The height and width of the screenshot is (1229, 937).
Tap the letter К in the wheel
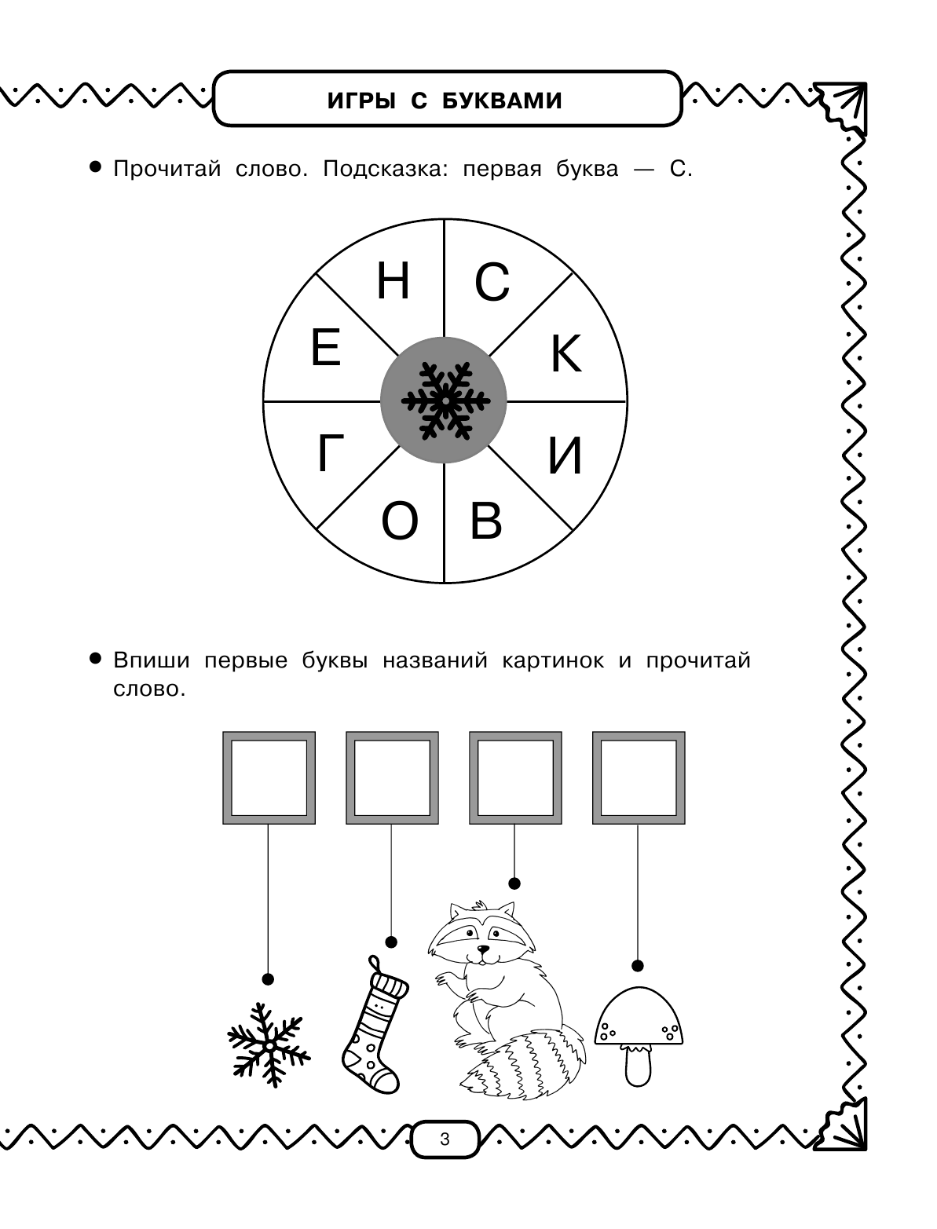click(565, 353)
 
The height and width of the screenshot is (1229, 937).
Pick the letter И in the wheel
click(565, 455)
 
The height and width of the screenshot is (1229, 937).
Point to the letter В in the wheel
click(485, 521)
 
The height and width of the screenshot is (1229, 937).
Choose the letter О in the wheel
click(400, 522)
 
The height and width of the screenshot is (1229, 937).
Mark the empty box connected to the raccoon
click(515, 777)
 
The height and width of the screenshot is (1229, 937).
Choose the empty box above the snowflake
click(269, 777)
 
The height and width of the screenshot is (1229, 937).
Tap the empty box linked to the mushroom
click(639, 777)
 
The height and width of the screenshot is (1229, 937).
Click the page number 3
click(445, 1139)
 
